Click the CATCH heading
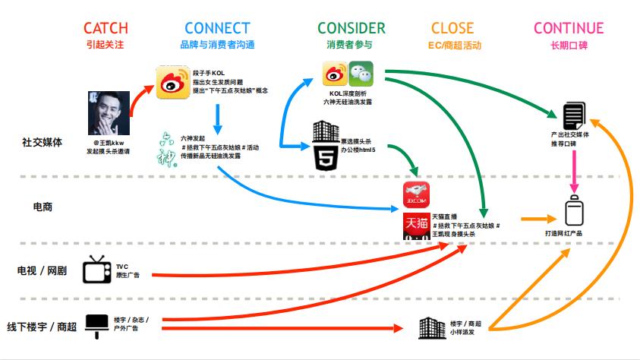click(105, 29)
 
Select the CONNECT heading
click(217, 29)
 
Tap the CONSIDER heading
click(351, 29)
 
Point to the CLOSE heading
click(452, 29)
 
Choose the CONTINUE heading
click(569, 29)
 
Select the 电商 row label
click(43, 207)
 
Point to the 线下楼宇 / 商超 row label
click(43, 327)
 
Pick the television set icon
click(96, 270)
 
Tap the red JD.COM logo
click(417, 195)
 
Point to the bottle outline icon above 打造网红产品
click(574, 209)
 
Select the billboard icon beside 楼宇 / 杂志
click(96, 323)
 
